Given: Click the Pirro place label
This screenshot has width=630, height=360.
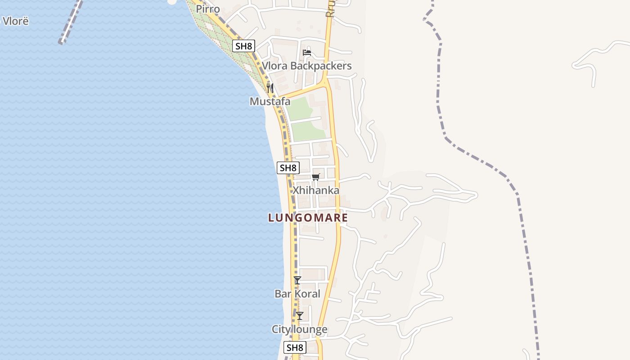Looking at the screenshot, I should click(x=208, y=9).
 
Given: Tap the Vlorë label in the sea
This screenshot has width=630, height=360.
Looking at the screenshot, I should click(x=15, y=21).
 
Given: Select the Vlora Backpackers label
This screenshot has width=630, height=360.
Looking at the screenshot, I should click(x=307, y=66).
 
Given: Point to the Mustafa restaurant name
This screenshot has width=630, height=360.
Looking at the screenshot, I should click(x=270, y=102).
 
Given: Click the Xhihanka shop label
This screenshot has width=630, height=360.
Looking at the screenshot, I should click(x=316, y=190).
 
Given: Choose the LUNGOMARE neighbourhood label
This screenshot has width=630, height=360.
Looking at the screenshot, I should click(x=308, y=218).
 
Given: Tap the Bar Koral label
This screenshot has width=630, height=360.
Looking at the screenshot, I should click(x=297, y=294).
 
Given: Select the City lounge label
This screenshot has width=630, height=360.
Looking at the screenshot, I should click(x=299, y=329).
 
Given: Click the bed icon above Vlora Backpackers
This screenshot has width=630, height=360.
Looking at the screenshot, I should click(x=307, y=53).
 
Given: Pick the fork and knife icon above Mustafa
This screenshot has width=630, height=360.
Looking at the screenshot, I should click(x=270, y=88).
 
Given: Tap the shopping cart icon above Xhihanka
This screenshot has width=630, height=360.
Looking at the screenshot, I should click(x=316, y=177).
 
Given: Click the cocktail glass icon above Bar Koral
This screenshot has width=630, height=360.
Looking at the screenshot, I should click(x=297, y=280).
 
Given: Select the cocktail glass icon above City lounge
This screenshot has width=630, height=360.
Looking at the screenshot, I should click(x=300, y=315).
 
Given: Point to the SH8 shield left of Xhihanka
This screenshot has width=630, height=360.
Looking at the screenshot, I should click(x=288, y=168).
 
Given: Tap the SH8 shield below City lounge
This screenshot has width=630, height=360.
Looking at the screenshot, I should click(x=295, y=347).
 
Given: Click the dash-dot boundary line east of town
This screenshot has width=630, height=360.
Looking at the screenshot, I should click(x=477, y=157).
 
